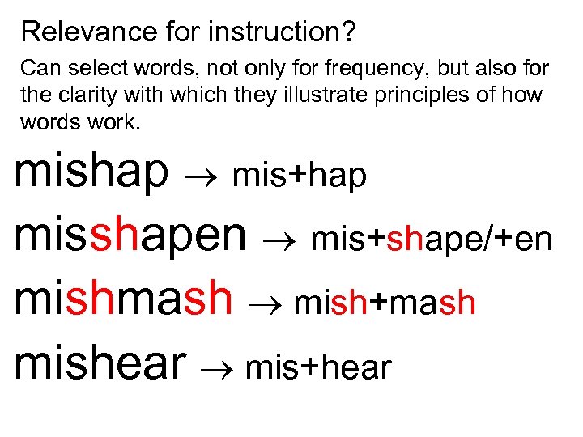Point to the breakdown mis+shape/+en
coord(432,240)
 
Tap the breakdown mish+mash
coord(385,303)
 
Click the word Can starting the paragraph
coord(38,70)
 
